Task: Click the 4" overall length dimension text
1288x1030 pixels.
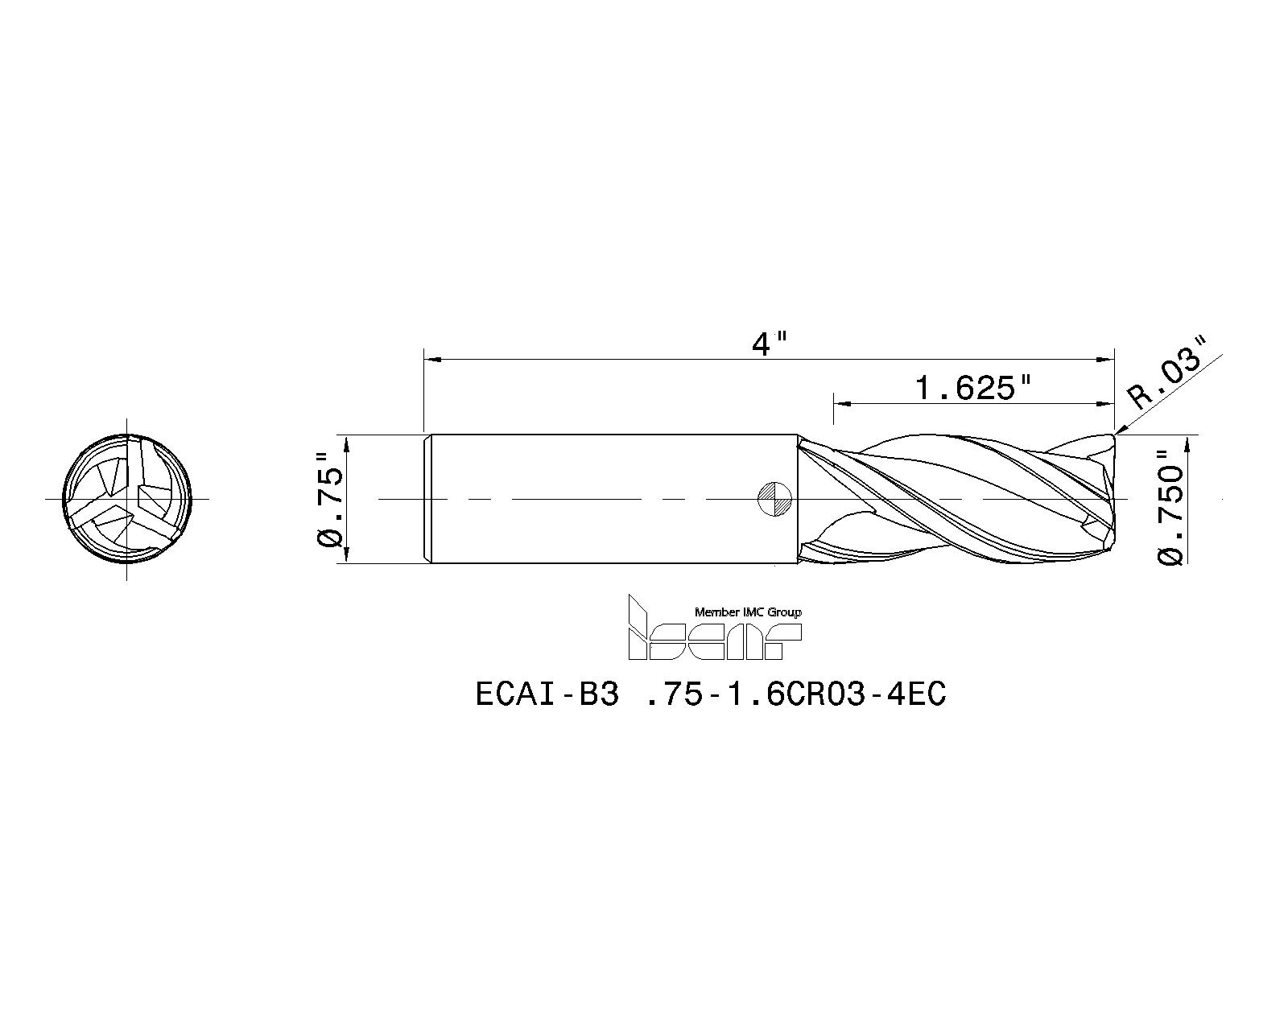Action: (x=769, y=344)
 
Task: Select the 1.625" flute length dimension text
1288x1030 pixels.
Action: (x=974, y=389)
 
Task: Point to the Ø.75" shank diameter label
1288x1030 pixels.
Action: (x=331, y=499)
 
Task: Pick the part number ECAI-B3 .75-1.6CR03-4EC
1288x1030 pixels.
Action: (x=711, y=694)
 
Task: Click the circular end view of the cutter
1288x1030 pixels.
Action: (x=127, y=499)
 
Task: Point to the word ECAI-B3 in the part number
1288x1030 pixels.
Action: (x=547, y=694)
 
